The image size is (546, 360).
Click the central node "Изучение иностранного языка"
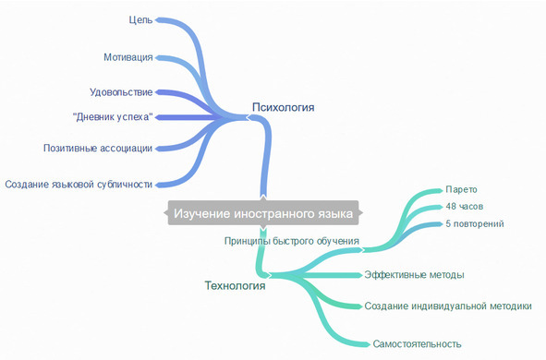[263, 214]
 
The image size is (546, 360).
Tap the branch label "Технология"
[235, 285]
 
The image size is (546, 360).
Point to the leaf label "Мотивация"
[128, 57]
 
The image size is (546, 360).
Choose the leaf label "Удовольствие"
[121, 92]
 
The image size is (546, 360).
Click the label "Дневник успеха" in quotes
[112, 116]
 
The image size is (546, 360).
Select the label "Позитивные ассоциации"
[98, 148]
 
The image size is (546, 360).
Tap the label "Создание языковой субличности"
[79, 184]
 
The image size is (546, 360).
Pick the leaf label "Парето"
[461, 189]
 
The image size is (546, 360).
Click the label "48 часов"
[465, 206]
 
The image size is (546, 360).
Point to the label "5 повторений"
[475, 223]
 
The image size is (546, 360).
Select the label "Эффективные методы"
[414, 275]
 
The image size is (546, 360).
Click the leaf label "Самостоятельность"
[417, 344]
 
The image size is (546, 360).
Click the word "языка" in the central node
[333, 214]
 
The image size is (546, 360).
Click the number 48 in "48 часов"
[451, 206]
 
